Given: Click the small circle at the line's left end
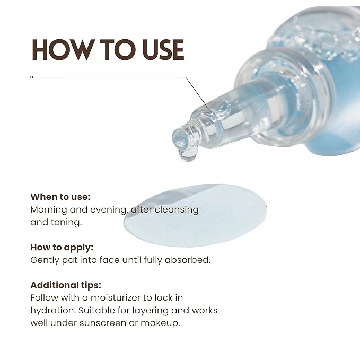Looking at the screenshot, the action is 32,77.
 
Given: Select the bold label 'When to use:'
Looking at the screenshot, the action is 60,197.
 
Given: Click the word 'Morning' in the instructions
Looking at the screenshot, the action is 48,210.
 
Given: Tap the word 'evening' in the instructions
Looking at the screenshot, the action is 108,210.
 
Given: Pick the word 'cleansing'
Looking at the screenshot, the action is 177,210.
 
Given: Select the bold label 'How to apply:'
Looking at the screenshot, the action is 62,248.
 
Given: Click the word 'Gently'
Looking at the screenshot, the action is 45,260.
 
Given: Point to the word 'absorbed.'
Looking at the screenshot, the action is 188,260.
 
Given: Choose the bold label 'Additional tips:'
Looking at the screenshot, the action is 66,285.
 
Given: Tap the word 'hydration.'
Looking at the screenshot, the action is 53,311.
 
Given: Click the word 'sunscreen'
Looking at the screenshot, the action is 103,323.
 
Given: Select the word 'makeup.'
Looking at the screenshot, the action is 160,323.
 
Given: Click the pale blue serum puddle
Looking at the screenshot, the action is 195,216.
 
